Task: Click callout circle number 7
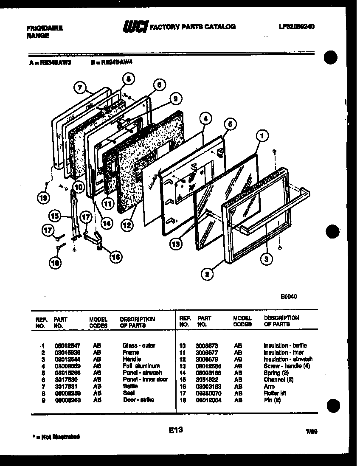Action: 79,88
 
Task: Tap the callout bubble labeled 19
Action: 44,197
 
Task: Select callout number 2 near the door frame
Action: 207,275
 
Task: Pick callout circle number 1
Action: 262,136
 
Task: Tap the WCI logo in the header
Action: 135,27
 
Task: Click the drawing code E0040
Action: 288,297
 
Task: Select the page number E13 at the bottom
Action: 175,430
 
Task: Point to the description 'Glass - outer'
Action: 138,345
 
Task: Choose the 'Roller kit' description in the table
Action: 275,393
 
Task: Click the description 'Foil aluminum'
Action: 141,366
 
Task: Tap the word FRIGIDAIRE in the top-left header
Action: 44,28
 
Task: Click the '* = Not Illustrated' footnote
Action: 56,436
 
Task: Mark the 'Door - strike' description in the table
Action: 138,400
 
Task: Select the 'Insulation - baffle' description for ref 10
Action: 285,345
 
